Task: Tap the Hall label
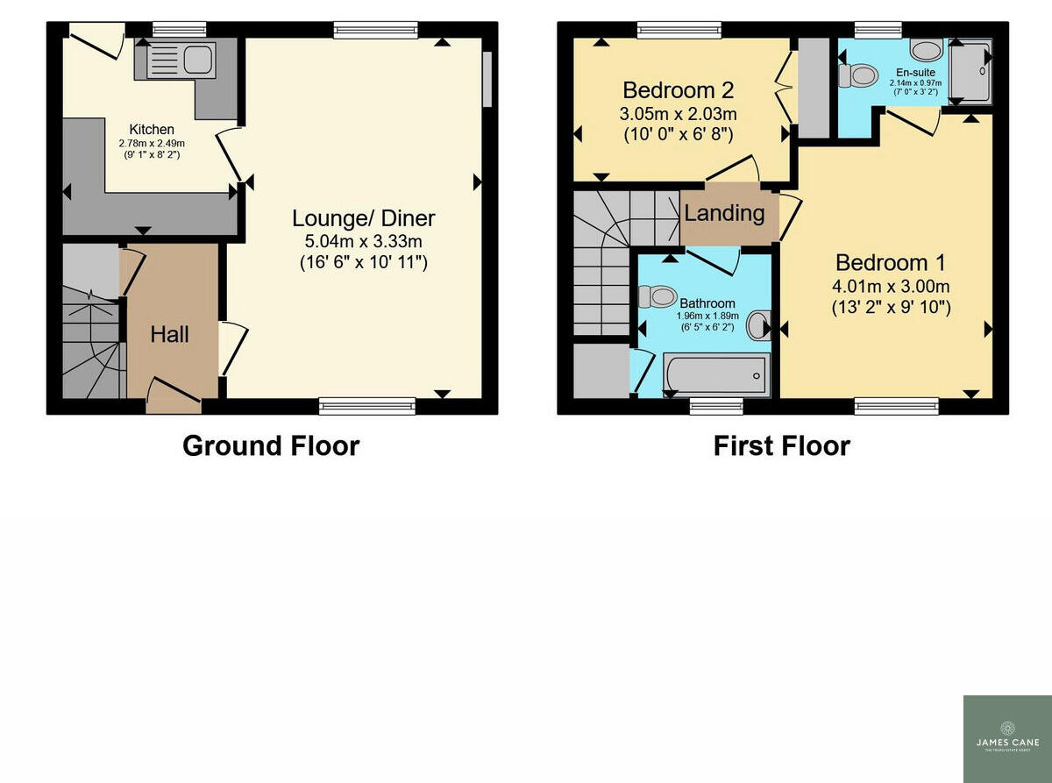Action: click(x=170, y=334)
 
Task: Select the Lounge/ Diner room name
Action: click(x=363, y=218)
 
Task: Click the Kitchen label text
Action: click(x=152, y=129)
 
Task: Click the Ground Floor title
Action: click(x=270, y=445)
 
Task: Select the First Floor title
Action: click(x=781, y=445)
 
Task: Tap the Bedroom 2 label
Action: click(x=678, y=90)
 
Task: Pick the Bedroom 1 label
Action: click(x=893, y=262)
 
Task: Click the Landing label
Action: click(x=724, y=213)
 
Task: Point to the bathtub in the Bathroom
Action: click(x=716, y=374)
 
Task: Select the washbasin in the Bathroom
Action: click(x=757, y=326)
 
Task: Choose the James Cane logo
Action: click(x=1007, y=738)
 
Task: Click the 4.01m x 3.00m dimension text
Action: click(x=893, y=286)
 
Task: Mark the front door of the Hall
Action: click(x=174, y=396)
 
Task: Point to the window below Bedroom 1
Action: click(x=896, y=405)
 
